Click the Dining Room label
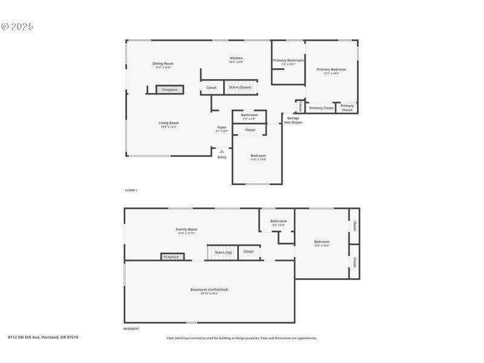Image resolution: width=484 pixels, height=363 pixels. pos(163,64)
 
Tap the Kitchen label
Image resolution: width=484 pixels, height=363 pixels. pos(236,58)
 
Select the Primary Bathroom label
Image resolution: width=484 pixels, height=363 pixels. pos(288,60)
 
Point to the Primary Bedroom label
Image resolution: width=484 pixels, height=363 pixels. pos(332,70)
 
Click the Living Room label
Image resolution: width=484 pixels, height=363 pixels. pos(169,123)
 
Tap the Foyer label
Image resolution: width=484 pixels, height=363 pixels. pos(222,127)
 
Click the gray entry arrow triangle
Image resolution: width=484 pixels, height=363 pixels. pos(222,151)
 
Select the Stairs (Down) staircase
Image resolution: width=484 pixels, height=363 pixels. pos(240,88)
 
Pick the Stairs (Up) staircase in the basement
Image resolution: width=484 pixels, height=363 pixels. pos(220,252)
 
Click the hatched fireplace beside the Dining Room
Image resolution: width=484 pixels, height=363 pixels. pos(169,90)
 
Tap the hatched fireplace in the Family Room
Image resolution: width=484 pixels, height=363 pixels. pos(171,257)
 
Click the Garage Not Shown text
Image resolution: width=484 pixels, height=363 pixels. pos(293,120)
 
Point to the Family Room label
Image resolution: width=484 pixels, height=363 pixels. pos(186,229)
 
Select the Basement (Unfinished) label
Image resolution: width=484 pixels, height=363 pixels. pos(209,290)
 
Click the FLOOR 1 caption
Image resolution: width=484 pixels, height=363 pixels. pos(131,191)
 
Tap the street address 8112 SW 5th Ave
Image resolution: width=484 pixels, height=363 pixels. pos(42,338)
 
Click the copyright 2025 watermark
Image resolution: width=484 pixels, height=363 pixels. pos(17,27)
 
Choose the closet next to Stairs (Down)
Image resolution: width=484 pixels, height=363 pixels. pos(211,88)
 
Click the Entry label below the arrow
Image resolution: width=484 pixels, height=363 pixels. pos(222,157)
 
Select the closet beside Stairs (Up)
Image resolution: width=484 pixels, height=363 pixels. pos(249,252)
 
